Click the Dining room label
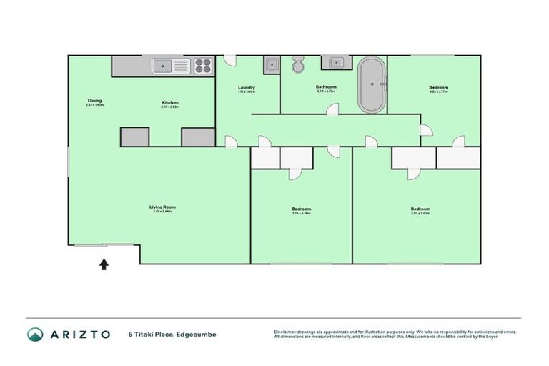pos(95,102)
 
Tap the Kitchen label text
pos(169,104)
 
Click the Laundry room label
pos(247,89)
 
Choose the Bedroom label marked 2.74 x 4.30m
pos(301,210)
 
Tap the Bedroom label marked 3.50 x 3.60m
pos(420,210)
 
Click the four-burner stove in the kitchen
pos(203,66)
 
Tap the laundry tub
pos(271,66)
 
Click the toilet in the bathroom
pos(298,65)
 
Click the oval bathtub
pos(371,84)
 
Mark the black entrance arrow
pos(104,264)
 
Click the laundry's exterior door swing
pos(229,60)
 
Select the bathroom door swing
pos(332,109)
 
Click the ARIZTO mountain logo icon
pos(35,334)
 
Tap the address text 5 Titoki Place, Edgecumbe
pos(172,334)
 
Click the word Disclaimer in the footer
pos(286,332)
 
